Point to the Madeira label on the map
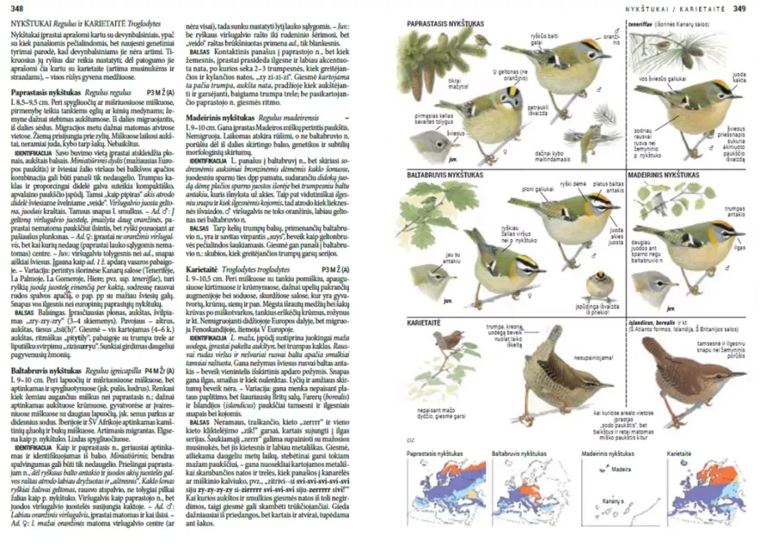click(621, 470)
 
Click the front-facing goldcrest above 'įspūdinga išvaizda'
click(599, 282)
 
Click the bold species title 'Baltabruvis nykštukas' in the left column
click(45, 370)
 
